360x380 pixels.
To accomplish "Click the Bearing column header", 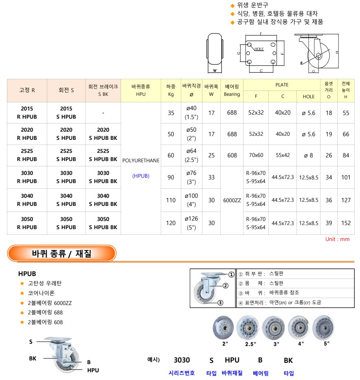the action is [232, 90].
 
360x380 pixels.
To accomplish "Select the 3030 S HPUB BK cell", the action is [103, 177].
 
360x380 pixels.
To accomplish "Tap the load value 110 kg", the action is [171, 200].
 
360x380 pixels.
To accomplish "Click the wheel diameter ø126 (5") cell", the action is [191, 223].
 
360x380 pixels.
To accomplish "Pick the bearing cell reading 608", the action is [232, 155].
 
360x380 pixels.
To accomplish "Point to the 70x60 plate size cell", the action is [256, 155].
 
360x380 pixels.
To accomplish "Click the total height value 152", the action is [346, 223].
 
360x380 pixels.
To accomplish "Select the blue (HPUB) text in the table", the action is [141, 176].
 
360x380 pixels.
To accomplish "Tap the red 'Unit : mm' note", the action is [337, 239].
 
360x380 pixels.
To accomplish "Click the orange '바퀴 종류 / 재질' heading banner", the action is [62, 254].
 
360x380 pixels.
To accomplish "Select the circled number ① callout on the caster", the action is [231, 274].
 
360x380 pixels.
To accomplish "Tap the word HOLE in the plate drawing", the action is [259, 49].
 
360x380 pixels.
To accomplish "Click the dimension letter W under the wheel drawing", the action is [215, 71].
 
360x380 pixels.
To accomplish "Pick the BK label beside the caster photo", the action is [33, 358].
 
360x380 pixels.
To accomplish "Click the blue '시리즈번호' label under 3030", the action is [182, 373].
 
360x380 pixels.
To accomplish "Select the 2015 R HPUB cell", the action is [27, 113].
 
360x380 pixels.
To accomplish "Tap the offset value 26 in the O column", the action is [329, 155].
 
